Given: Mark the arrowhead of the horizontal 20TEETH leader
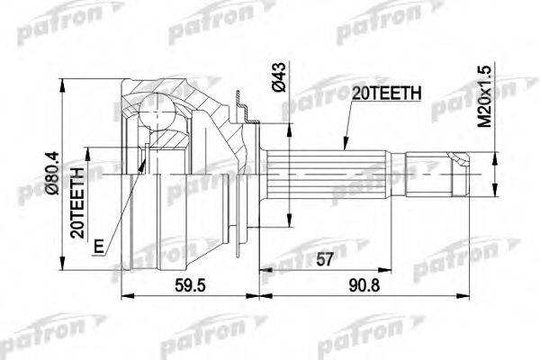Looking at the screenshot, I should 342,144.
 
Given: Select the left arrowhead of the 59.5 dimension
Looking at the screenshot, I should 123,295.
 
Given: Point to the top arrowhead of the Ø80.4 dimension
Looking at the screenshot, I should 62,82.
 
